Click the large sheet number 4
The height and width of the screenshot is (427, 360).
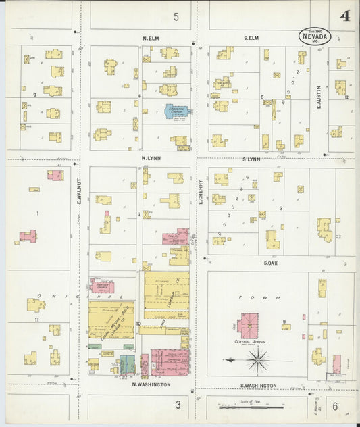345,16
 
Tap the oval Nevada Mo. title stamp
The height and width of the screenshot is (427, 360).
315,36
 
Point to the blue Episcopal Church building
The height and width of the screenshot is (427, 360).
176,111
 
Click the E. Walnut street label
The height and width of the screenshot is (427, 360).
79,191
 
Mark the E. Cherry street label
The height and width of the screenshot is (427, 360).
201,194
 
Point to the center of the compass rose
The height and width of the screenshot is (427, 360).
258,361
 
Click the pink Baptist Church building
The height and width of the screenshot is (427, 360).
103,285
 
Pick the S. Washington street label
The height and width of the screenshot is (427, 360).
259,385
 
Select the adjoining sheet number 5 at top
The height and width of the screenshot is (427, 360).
176,17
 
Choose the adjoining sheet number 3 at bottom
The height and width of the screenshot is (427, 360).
178,405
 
